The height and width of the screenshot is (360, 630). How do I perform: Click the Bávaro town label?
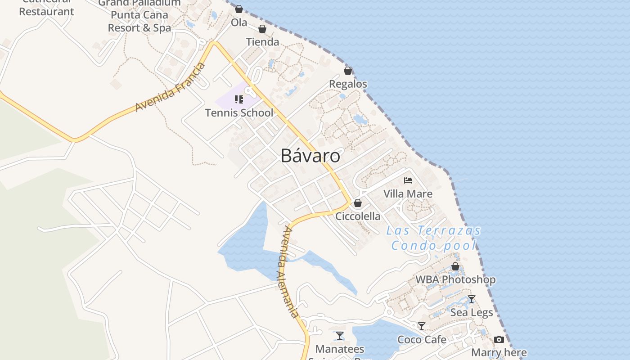click(310, 156)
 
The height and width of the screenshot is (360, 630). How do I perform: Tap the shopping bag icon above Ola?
click(239, 9)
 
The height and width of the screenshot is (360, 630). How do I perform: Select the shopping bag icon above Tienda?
click(262, 29)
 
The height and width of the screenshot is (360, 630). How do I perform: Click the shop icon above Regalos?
click(348, 71)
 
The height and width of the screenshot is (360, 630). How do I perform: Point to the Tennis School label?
click(239, 112)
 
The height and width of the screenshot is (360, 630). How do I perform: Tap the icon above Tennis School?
click(239, 99)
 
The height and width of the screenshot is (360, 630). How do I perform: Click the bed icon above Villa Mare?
click(408, 180)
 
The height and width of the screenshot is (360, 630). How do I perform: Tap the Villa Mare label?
click(408, 194)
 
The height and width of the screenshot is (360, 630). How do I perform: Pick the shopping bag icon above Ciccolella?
click(358, 203)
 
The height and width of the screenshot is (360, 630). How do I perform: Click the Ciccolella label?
click(358, 216)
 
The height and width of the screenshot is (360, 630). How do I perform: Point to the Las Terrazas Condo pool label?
click(434, 238)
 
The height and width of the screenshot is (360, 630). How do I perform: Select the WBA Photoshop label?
click(455, 279)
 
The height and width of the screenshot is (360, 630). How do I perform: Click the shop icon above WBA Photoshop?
click(455, 266)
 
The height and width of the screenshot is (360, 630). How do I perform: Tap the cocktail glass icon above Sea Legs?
click(471, 299)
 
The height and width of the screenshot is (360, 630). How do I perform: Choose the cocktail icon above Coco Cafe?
click(422, 326)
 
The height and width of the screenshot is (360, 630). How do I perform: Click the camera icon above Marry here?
click(499, 339)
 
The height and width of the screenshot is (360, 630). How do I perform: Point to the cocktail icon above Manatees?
click(340, 336)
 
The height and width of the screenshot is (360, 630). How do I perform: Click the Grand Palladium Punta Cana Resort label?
click(139, 15)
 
